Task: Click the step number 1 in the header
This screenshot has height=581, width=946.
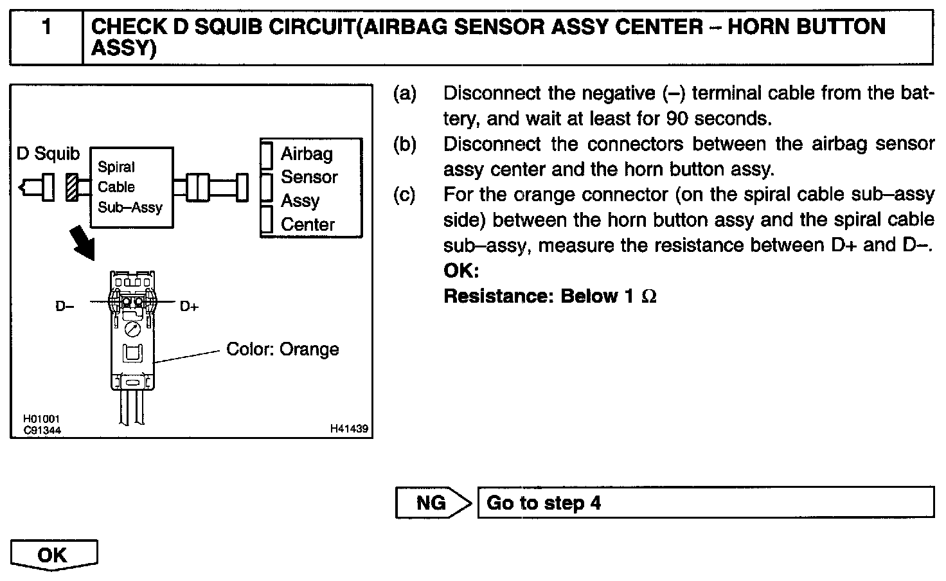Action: pos(46,28)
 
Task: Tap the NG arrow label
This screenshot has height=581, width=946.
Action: pos(431,503)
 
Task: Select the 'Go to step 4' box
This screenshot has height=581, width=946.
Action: pos(705,503)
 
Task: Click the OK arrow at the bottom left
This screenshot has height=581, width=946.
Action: pos(54,555)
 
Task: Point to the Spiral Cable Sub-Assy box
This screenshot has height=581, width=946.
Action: pos(131,187)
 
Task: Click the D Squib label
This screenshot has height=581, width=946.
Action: pos(48,154)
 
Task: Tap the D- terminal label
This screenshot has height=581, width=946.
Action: pos(64,307)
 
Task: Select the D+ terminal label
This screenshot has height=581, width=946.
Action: pos(189,307)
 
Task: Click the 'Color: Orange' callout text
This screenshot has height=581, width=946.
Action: pos(282,349)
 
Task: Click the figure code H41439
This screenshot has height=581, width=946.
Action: pos(349,429)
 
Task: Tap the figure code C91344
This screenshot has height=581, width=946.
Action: pos(42,430)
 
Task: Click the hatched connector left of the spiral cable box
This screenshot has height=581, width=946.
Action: pos(72,188)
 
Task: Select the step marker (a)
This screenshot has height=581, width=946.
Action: pos(405,94)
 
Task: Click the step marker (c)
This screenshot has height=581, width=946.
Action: pos(405,195)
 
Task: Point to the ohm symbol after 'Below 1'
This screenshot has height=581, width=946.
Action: pos(649,296)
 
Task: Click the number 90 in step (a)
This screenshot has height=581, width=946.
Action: pos(678,119)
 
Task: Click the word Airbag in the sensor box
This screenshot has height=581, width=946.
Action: pos(307,154)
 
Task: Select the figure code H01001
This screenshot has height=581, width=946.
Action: pos(42,420)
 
